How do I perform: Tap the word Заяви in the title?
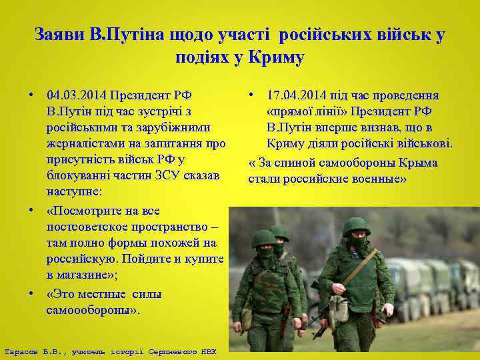point(57,35)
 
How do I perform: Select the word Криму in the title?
point(277,57)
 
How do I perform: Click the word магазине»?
point(96,275)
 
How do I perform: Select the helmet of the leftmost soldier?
point(264,238)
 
